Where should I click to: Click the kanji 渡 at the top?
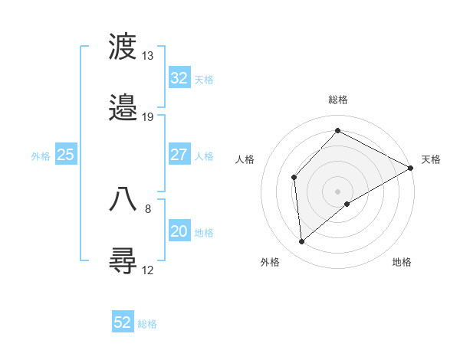[x=123, y=47]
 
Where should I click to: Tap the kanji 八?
[x=123, y=198]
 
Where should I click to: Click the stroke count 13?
[x=148, y=56]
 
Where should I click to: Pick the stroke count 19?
[x=148, y=117]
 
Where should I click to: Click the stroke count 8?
[x=148, y=208]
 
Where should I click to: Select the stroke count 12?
[x=148, y=270]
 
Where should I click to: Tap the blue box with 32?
[x=179, y=78]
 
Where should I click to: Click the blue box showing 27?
[x=179, y=155]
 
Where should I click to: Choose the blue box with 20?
[x=179, y=231]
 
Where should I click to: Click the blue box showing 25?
[x=66, y=155]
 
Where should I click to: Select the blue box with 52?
[x=123, y=322]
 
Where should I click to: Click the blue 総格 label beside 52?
[x=147, y=324]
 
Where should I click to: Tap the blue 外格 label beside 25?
[x=41, y=155]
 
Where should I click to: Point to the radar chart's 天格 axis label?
[x=431, y=159]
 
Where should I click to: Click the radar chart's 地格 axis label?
[x=402, y=262]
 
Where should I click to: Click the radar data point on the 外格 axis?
[x=302, y=242]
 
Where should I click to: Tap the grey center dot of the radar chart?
[x=338, y=191]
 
